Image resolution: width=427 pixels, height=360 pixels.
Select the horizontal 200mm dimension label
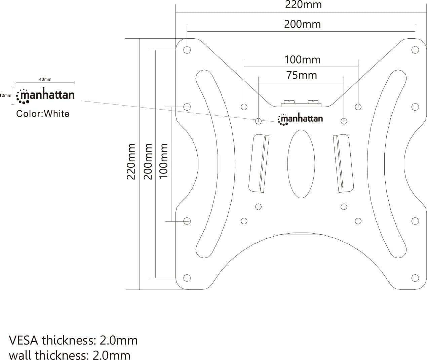303,24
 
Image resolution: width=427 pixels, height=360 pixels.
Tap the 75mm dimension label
302,75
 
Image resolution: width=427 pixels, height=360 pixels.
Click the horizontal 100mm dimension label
303,60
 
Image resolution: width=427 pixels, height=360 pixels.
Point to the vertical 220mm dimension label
131,161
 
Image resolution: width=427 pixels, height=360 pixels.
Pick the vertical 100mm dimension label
163,161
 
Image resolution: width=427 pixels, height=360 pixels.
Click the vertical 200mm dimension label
148,161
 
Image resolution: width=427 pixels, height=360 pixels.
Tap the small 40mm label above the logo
45,79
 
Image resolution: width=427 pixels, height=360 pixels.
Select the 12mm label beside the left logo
5,95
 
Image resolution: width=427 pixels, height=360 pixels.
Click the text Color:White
43,114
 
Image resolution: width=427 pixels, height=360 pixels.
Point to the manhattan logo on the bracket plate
300,119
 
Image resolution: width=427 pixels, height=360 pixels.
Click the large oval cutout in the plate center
301,164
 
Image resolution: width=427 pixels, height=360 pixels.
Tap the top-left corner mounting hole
187,50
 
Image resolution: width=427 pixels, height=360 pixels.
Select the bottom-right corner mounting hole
415,278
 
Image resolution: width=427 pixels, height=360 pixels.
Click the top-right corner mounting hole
415,50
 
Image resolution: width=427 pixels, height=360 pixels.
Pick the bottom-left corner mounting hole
187,278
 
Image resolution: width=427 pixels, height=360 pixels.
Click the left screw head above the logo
289,102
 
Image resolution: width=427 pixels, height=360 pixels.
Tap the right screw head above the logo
313,102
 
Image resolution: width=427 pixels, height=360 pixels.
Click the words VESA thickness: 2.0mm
73,341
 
